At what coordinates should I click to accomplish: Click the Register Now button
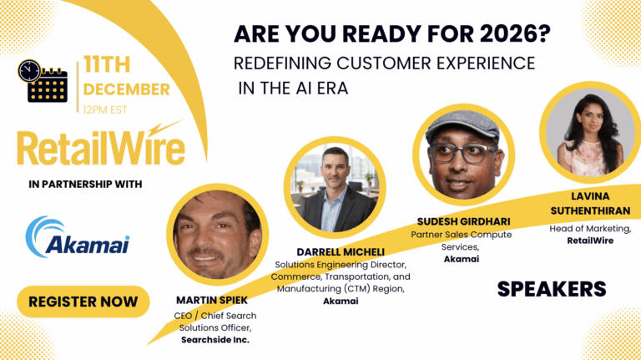(x=83, y=302)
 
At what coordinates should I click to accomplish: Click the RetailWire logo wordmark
(x=100, y=149)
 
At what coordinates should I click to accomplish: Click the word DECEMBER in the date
(x=126, y=89)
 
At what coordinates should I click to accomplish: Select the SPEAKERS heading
(x=552, y=289)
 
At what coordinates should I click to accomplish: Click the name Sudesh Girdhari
(x=462, y=221)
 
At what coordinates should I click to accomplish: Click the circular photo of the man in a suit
(x=335, y=189)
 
